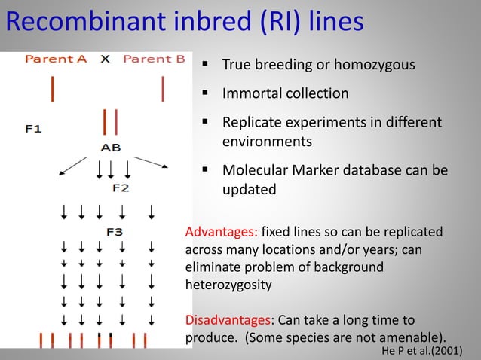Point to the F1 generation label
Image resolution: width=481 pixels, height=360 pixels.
(33, 129)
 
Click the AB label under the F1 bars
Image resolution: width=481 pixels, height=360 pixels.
(110, 148)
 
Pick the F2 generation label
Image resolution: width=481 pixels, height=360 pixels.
(120, 188)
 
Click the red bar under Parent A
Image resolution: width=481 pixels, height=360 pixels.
(52, 89)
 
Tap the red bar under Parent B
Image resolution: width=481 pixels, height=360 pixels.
(163, 89)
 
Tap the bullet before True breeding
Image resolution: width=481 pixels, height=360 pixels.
(204, 65)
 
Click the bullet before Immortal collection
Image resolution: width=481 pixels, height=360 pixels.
(204, 94)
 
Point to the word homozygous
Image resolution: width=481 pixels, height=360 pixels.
(377, 65)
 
